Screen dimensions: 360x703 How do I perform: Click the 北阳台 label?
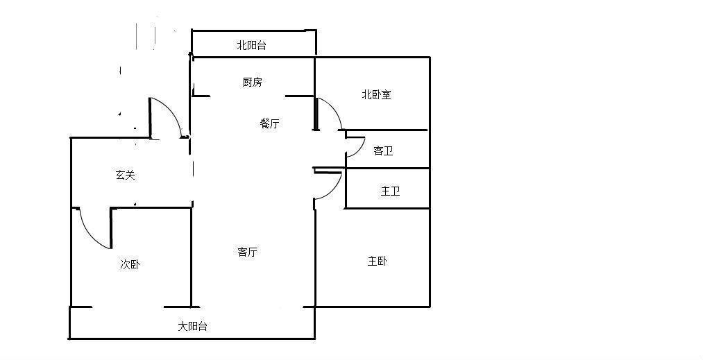251,46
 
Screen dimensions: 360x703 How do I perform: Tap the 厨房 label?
252,83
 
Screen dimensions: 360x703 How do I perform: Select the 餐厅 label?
269,124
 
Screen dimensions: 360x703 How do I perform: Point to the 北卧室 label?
376,94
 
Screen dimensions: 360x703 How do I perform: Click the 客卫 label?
383,151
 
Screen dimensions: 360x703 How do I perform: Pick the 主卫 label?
390,191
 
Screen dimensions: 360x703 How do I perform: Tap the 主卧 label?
378,262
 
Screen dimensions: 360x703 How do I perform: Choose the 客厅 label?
248,252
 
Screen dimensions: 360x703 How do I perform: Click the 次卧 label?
130,264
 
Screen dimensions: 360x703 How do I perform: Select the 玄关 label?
125,175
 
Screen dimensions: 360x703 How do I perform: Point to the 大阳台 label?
192,326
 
